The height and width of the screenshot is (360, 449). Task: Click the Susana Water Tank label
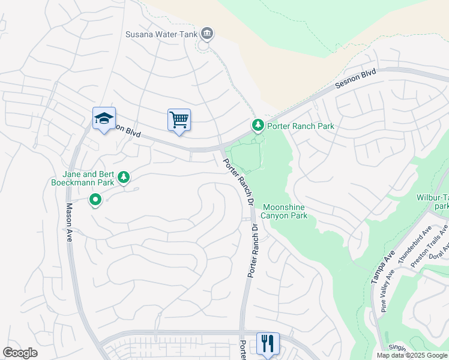pyautogui.click(x=161, y=34)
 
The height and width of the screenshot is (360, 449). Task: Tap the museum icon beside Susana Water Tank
pyautogui.click(x=207, y=34)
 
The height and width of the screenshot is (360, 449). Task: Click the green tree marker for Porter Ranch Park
pyautogui.click(x=258, y=125)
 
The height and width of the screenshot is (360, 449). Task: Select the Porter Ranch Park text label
pyautogui.click(x=301, y=126)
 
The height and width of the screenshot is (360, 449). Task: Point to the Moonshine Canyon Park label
pyautogui.click(x=285, y=211)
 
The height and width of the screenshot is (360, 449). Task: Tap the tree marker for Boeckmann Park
pyautogui.click(x=124, y=177)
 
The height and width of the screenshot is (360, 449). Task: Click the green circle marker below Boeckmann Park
pyautogui.click(x=95, y=200)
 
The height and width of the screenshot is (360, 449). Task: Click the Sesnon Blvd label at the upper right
pyautogui.click(x=355, y=79)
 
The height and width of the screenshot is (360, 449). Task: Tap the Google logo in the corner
pyautogui.click(x=20, y=353)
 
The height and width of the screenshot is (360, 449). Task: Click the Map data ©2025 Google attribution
pyautogui.click(x=411, y=355)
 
